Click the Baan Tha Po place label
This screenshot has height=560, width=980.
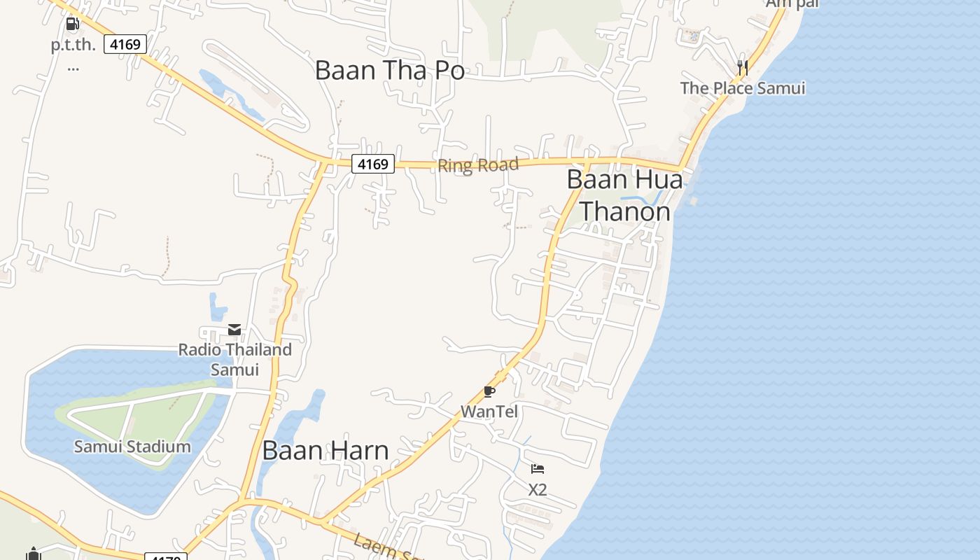(x=389, y=71)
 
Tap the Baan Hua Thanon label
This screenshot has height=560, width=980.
(x=624, y=195)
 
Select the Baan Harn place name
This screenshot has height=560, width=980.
(x=325, y=451)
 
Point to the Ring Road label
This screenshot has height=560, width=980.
(x=478, y=166)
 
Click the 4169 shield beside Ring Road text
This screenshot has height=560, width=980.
(x=372, y=164)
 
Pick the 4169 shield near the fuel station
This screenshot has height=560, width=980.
(x=125, y=45)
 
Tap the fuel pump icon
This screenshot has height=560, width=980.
(x=72, y=24)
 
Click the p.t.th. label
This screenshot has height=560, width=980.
(x=73, y=45)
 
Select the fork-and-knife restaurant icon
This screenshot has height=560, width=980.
(x=743, y=67)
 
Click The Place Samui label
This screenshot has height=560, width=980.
(x=743, y=88)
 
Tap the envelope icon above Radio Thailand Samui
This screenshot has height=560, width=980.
(x=234, y=329)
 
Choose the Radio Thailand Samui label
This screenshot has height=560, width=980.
(x=235, y=359)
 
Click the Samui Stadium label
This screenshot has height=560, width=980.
(x=132, y=447)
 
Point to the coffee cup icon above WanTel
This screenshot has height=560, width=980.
(x=489, y=391)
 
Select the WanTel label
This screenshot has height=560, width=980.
(x=489, y=412)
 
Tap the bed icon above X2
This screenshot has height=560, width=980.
(x=537, y=469)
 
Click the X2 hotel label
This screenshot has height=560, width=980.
(x=537, y=490)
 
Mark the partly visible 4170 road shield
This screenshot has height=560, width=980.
(x=166, y=556)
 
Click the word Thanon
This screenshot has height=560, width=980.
(x=624, y=210)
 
